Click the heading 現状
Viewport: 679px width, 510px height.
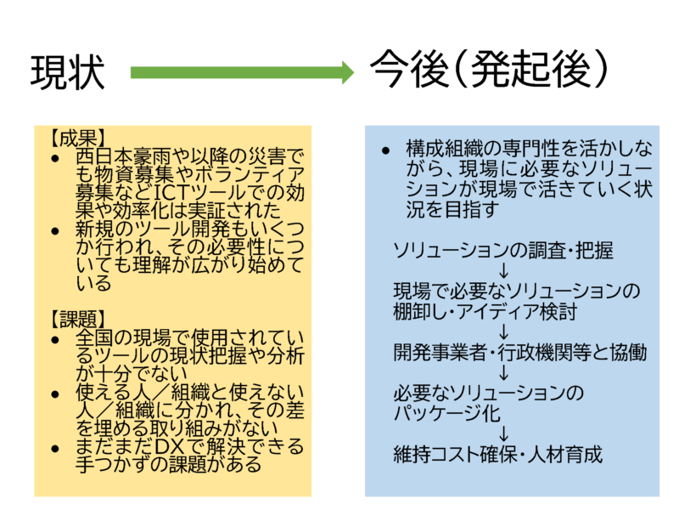[x=68, y=74]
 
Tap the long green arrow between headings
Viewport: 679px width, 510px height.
[x=242, y=72]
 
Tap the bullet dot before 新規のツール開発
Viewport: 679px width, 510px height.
[x=55, y=229]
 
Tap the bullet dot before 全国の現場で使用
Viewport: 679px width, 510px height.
[x=55, y=338]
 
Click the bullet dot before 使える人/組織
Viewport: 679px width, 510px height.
[x=55, y=393]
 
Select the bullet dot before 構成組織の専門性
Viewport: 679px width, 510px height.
[x=386, y=150]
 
